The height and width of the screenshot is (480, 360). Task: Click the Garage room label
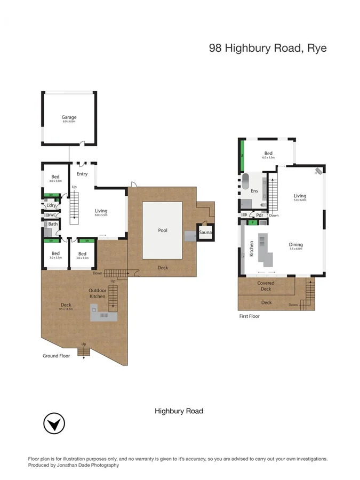pos(69,117)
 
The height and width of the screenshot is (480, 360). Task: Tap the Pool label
pos(163,230)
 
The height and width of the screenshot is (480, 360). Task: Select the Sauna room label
pos(206,233)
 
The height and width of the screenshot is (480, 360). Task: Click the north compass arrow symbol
pos(54,425)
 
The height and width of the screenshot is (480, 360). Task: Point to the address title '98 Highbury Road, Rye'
pos(267,48)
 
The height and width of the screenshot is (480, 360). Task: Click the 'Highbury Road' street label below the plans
pos(179,411)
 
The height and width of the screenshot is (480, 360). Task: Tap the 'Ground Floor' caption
pos(57,356)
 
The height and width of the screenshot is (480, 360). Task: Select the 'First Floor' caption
pos(250,316)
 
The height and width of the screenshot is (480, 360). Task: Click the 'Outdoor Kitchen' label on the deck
pos(97,293)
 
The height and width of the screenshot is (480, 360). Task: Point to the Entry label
pos(82,174)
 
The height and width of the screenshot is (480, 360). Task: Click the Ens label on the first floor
pos(254,190)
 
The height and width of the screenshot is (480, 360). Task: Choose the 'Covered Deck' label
pos(266,286)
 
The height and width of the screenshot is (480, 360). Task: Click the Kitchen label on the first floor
pos(251,249)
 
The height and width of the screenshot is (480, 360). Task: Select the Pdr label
pos(260,215)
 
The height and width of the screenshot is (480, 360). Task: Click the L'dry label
pos(52,205)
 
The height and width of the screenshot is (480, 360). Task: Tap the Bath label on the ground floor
pos(53,225)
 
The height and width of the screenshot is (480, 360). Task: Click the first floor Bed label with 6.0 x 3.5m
pos(268,154)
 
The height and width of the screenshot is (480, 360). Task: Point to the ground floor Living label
pos(101,211)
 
